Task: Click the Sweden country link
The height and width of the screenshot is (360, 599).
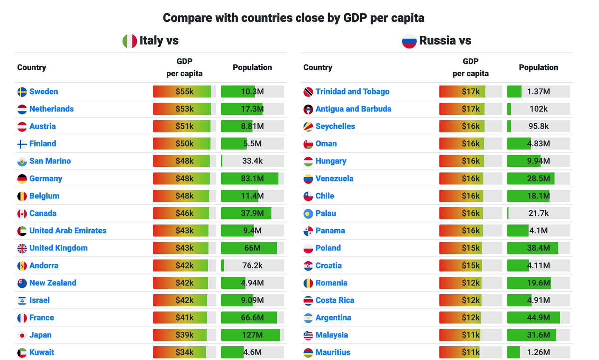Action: (x=44, y=92)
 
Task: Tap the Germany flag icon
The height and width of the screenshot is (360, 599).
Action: (x=22, y=179)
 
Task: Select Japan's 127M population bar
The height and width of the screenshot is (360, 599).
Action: (x=252, y=335)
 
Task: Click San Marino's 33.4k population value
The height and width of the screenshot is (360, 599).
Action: (x=252, y=161)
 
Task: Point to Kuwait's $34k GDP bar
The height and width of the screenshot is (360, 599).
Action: (x=184, y=352)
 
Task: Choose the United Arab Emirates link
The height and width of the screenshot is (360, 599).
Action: (x=68, y=231)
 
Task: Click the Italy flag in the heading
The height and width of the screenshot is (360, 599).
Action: (x=130, y=41)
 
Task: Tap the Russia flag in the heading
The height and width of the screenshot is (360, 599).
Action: (x=409, y=41)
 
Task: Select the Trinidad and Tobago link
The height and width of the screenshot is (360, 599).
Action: (x=352, y=92)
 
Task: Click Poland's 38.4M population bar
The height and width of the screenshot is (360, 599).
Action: (x=538, y=248)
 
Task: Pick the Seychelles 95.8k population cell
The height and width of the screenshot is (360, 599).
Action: (x=538, y=127)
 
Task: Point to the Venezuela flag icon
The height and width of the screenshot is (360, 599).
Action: (x=308, y=179)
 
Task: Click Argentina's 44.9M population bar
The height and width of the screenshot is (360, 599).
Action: (x=538, y=318)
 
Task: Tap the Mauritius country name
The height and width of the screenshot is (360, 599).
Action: (x=333, y=352)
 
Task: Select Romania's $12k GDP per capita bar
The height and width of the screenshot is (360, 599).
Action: (x=470, y=283)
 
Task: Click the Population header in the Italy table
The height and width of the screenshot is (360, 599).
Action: (x=252, y=67)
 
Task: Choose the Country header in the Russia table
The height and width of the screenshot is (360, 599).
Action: (x=318, y=67)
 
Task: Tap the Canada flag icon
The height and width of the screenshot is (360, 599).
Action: (x=22, y=214)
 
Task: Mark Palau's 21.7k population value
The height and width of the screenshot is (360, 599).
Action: (x=538, y=214)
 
